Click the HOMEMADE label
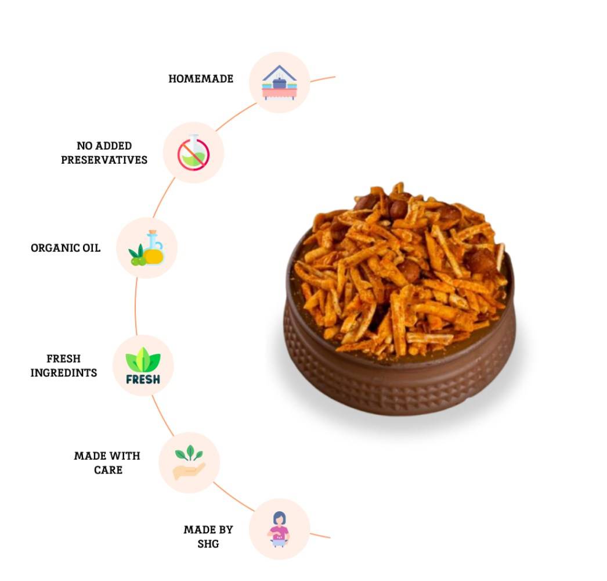point(201,78)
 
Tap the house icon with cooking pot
point(279,83)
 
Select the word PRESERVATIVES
point(104,160)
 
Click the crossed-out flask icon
point(194,152)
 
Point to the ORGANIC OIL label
point(66,248)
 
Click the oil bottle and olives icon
point(147,248)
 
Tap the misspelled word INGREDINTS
point(64,372)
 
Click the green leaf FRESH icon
point(143,365)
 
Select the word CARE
point(108,470)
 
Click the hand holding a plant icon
point(189,462)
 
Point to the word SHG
point(208,544)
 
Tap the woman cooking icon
point(279,529)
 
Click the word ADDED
point(113,146)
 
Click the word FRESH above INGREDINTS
point(63,358)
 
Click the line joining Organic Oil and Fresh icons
point(135,306)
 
